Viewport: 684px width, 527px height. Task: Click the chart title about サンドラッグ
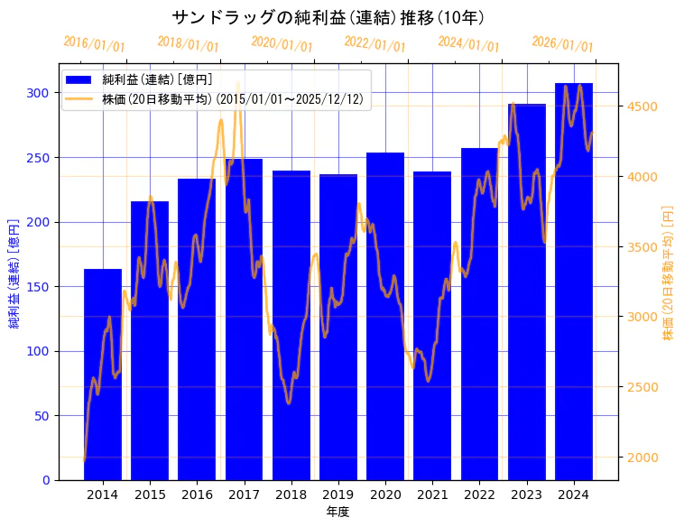328,17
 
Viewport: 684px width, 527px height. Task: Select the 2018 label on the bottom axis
291,495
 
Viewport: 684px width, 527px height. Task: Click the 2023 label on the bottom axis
526,495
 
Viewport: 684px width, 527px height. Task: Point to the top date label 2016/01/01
95,44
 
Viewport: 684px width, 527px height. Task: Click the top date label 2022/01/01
375,44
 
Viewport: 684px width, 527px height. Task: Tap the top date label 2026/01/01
563,44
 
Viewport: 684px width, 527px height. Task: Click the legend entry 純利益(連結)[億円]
157,80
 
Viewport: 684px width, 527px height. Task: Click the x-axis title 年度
337,512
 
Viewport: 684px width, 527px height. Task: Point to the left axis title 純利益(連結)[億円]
14,273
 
